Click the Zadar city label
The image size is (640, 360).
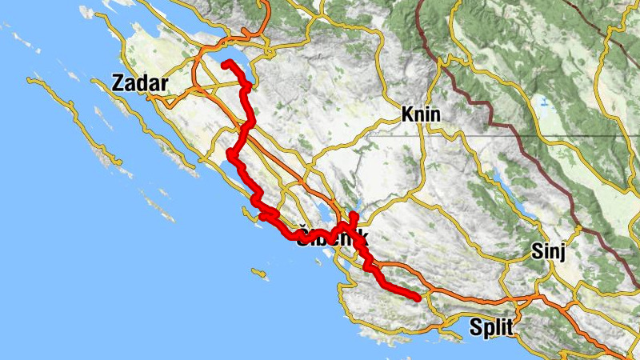(140, 82)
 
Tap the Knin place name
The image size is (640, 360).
(421, 114)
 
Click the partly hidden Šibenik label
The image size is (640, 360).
(331, 238)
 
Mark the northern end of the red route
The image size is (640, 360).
(226, 62)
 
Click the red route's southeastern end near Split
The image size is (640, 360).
(417, 298)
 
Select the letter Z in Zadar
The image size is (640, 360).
(119, 82)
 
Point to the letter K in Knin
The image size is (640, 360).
(406, 114)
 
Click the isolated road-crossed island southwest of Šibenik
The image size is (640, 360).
(258, 274)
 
